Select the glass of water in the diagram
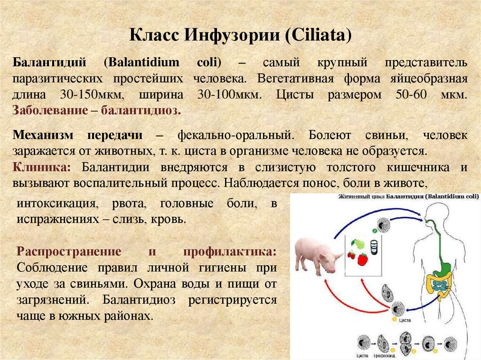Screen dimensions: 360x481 pos(374,247)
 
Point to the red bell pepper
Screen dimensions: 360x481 pos(362,259)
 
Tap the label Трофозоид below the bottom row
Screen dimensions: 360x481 pos(384,356)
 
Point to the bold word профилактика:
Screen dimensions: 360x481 pos(230,251)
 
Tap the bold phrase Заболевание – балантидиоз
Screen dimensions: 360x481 pos(97,111)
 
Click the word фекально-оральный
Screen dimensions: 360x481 pos(235,136)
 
